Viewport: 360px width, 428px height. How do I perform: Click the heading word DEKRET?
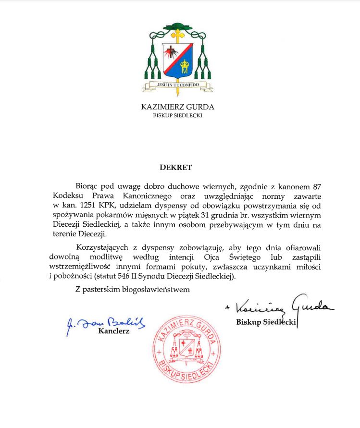tap(175, 168)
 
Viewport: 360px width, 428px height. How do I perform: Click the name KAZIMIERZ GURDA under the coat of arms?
tap(178, 107)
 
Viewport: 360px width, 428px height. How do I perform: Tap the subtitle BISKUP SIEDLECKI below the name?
tap(178, 115)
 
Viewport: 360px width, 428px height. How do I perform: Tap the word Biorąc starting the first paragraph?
tap(87, 186)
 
